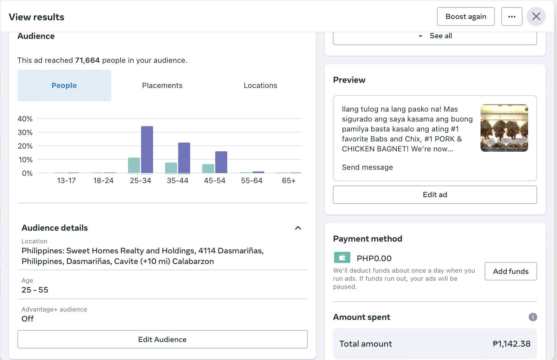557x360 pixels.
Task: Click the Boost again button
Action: click(x=466, y=16)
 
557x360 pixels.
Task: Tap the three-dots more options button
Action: click(x=512, y=16)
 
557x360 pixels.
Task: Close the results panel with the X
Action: click(x=536, y=16)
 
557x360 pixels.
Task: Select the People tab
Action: click(x=64, y=85)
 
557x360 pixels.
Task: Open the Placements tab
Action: click(x=162, y=85)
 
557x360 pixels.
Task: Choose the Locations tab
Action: click(x=260, y=85)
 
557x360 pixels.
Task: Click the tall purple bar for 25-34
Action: click(x=147, y=150)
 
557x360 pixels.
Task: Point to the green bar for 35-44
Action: click(x=171, y=168)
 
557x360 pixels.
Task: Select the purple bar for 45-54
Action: click(x=221, y=162)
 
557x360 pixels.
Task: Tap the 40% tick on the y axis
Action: click(x=25, y=119)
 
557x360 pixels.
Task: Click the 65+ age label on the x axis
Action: click(x=288, y=181)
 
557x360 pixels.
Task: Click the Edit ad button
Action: click(x=435, y=195)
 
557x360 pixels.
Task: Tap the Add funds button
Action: click(x=510, y=271)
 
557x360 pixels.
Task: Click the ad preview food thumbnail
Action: click(x=504, y=128)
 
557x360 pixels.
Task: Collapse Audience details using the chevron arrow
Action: click(x=298, y=228)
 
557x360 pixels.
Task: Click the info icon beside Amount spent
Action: click(x=533, y=317)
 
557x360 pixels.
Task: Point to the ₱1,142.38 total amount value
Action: click(x=511, y=344)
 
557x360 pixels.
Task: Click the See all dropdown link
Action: click(x=440, y=36)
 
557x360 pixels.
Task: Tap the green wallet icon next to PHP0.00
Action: click(x=342, y=257)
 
